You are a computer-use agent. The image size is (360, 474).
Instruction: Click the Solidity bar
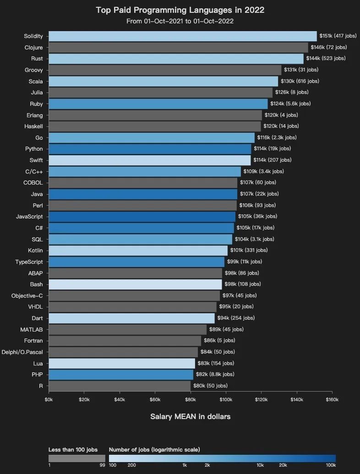182,36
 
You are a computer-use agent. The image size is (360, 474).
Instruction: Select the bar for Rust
176,59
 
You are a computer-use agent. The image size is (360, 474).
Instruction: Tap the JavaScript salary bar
142,216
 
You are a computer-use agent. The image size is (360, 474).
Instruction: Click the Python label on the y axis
34,149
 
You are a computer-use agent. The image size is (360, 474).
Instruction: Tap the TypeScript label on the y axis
29,262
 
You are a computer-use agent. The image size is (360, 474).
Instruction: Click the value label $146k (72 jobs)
329,47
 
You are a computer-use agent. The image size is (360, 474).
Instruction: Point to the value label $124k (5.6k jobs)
290,104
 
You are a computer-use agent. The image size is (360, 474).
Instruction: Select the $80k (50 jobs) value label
210,386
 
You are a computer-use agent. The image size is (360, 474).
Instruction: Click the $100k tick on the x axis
226,400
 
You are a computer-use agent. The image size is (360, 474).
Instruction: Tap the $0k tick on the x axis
49,400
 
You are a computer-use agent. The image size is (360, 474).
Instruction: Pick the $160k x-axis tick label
332,400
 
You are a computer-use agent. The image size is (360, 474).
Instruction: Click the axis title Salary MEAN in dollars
190,417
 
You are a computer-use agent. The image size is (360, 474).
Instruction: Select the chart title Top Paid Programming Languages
180,10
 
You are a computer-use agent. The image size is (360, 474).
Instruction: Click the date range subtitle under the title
180,21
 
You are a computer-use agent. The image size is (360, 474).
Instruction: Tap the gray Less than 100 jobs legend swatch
77,458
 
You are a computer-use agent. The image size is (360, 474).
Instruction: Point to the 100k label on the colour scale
331,465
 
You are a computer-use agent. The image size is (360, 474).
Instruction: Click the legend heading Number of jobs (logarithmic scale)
154,450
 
